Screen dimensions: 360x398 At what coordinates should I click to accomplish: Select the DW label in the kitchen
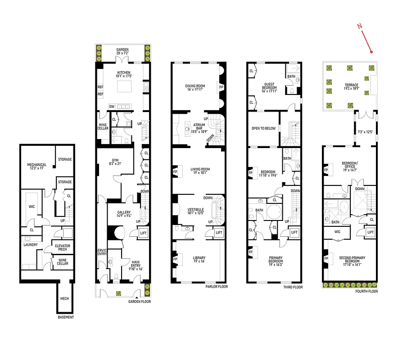pos(111,106)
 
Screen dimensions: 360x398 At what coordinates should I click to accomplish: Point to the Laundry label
pos(30,245)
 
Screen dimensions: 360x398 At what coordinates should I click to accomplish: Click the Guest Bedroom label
pos(270,86)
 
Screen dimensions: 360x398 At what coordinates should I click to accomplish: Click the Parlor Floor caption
pos(217,287)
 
